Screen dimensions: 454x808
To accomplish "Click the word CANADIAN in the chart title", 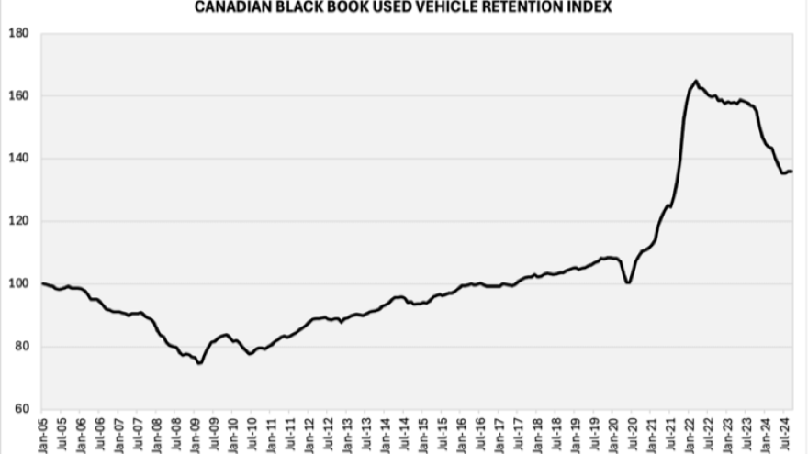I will click(x=230, y=7).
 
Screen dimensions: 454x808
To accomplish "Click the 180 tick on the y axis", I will click(x=18, y=34).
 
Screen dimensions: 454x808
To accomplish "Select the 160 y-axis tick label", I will click(x=18, y=96).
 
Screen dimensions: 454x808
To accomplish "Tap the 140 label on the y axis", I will click(x=18, y=159).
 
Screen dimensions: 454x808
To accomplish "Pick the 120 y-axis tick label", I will click(x=18, y=221).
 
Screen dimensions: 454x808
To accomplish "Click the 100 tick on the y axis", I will click(x=18, y=284).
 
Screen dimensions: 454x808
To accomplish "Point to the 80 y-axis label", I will click(x=21, y=347).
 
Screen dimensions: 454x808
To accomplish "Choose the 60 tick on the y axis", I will click(x=21, y=409).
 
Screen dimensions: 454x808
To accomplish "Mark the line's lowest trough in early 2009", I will click(x=200, y=363).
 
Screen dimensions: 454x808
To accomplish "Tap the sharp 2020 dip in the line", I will click(x=628, y=282).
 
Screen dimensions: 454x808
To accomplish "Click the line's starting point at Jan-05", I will click(x=43, y=283).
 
